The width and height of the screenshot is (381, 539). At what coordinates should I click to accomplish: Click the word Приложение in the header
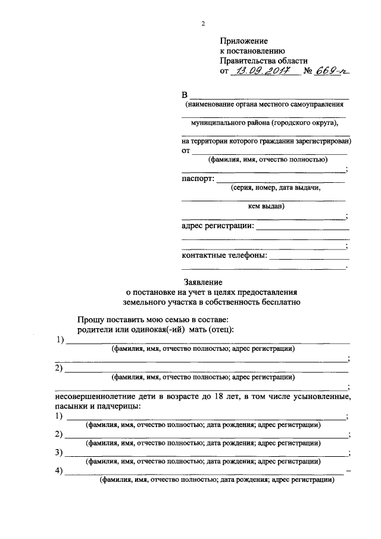click(x=244, y=41)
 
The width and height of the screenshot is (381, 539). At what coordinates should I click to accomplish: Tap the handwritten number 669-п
click(x=333, y=71)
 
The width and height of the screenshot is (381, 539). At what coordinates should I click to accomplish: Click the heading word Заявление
click(x=202, y=282)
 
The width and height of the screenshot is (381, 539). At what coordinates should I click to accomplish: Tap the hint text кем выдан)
click(x=266, y=207)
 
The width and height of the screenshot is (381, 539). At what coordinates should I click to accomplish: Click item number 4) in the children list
click(x=59, y=471)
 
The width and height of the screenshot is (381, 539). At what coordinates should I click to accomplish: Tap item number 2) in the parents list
click(x=59, y=368)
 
